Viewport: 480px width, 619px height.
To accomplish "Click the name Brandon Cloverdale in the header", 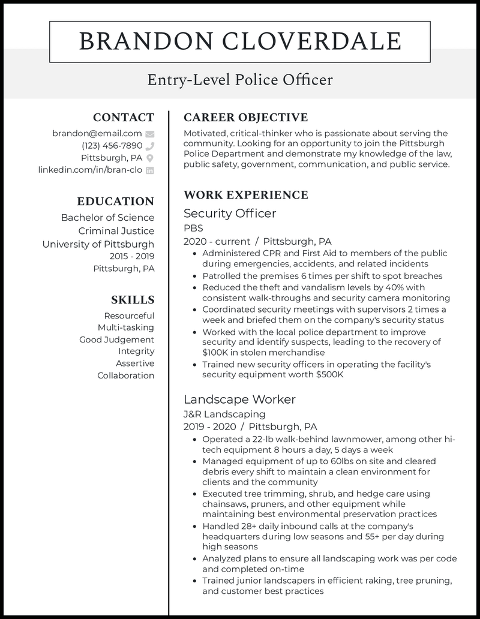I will (x=240, y=42).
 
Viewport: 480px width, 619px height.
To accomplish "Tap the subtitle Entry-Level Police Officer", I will (x=240, y=80).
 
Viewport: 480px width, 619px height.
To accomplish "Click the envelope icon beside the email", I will (x=150, y=134).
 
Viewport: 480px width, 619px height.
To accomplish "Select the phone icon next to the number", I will (x=150, y=146).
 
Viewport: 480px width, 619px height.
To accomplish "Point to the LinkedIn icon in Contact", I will (x=150, y=170).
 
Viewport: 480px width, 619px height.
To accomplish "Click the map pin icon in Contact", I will (x=150, y=158).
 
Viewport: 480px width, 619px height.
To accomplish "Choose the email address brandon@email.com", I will (x=97, y=134).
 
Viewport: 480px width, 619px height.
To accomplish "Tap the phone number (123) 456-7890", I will (x=112, y=146).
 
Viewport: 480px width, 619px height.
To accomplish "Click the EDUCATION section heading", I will (x=115, y=202).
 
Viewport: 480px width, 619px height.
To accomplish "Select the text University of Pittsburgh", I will (x=98, y=244).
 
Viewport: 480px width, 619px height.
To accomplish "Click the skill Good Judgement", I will (x=116, y=339).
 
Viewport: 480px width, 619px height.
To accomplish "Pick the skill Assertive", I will (x=136, y=363).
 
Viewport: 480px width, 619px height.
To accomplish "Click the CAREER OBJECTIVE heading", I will (x=245, y=118).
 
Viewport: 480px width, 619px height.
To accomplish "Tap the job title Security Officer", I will (x=230, y=214).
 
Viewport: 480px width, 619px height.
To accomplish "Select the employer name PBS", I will (x=193, y=228).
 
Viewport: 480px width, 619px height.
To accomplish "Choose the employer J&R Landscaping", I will (x=224, y=414).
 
